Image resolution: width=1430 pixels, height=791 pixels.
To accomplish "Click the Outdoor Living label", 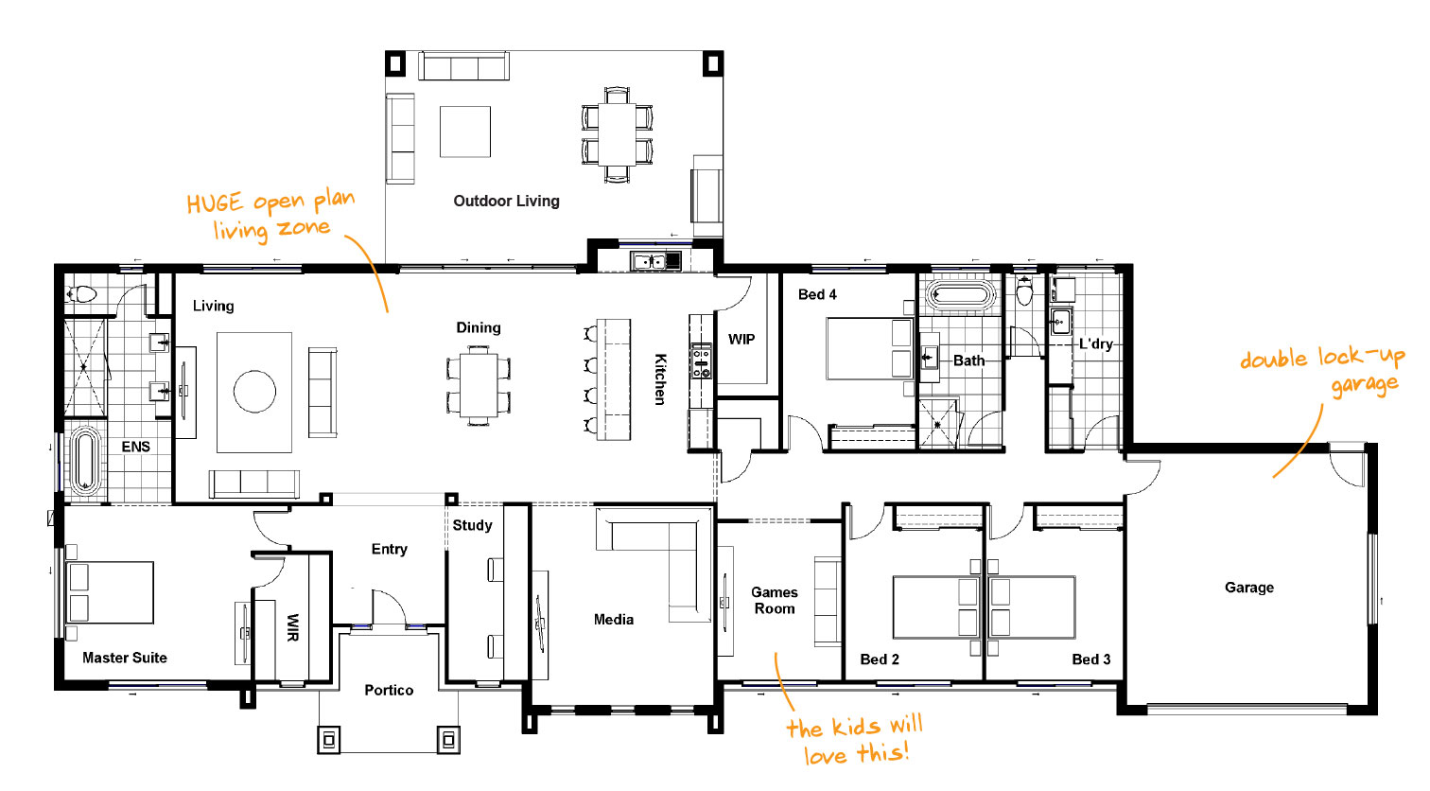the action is (x=506, y=202).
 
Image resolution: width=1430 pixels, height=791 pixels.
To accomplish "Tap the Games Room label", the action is (x=775, y=601).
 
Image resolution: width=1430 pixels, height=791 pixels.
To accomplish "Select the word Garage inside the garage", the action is (x=1248, y=588).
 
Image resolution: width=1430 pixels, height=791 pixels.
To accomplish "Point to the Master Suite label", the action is (x=125, y=658).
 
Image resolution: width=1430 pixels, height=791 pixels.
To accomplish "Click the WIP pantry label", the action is (x=741, y=340).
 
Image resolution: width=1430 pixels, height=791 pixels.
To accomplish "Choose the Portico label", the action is (x=389, y=690).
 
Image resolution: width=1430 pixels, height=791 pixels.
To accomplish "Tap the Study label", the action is (x=473, y=525).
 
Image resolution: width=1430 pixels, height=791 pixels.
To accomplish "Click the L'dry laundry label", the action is (x=1095, y=344).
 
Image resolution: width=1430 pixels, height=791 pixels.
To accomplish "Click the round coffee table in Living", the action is (x=254, y=392).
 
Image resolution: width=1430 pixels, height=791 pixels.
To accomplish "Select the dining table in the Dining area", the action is (x=479, y=385).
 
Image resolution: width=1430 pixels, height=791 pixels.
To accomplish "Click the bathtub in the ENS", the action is (x=85, y=461).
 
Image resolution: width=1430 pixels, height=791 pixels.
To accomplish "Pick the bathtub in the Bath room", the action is (x=961, y=295).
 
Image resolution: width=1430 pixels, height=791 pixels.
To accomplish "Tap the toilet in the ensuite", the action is (x=80, y=294).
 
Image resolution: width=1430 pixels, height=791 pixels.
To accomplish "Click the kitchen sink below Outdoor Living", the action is (x=655, y=261).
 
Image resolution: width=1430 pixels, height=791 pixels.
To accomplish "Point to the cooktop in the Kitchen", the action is (x=701, y=361).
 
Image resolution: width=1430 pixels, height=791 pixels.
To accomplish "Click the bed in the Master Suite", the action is (x=111, y=592).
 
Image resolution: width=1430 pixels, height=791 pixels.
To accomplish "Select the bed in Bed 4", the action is (x=869, y=349).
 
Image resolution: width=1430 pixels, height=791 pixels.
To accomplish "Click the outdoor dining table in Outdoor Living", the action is (x=617, y=134).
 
